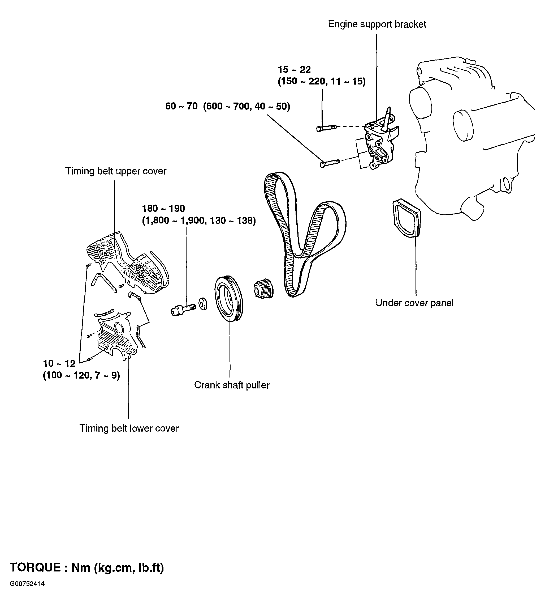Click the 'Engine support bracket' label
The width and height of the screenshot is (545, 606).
point(377,24)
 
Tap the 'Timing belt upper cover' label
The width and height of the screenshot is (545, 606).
point(116,171)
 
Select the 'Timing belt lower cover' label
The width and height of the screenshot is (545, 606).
point(129,429)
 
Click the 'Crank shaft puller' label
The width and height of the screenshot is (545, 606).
point(232,385)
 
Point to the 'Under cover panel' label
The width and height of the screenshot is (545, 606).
point(414,303)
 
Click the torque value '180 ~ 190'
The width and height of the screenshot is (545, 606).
point(163,208)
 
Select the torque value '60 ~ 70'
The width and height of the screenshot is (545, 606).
point(181,106)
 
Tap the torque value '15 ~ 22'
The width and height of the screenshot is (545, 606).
point(294,70)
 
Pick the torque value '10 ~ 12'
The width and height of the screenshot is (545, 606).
point(59,363)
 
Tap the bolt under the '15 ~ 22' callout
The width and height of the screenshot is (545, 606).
point(326,128)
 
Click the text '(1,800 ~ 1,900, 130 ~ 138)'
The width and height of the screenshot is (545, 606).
point(199,221)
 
